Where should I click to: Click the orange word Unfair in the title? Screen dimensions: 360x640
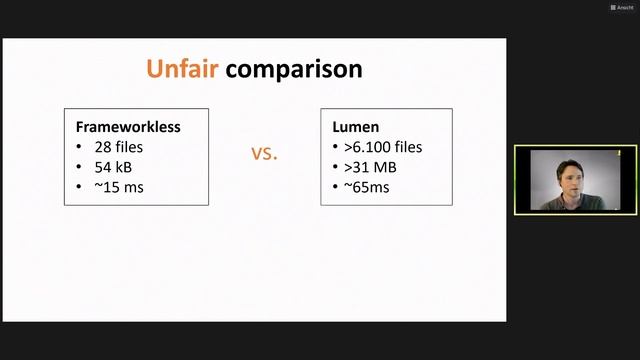182,69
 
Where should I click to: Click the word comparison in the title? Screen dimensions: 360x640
293,70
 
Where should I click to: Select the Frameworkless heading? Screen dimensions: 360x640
128,128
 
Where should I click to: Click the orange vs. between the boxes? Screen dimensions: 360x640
264,154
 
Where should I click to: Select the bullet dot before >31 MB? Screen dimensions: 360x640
335,167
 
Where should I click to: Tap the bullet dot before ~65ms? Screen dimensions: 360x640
335,186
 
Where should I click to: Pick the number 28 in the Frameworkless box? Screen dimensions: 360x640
101,147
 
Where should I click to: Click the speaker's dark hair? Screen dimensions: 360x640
556,160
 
